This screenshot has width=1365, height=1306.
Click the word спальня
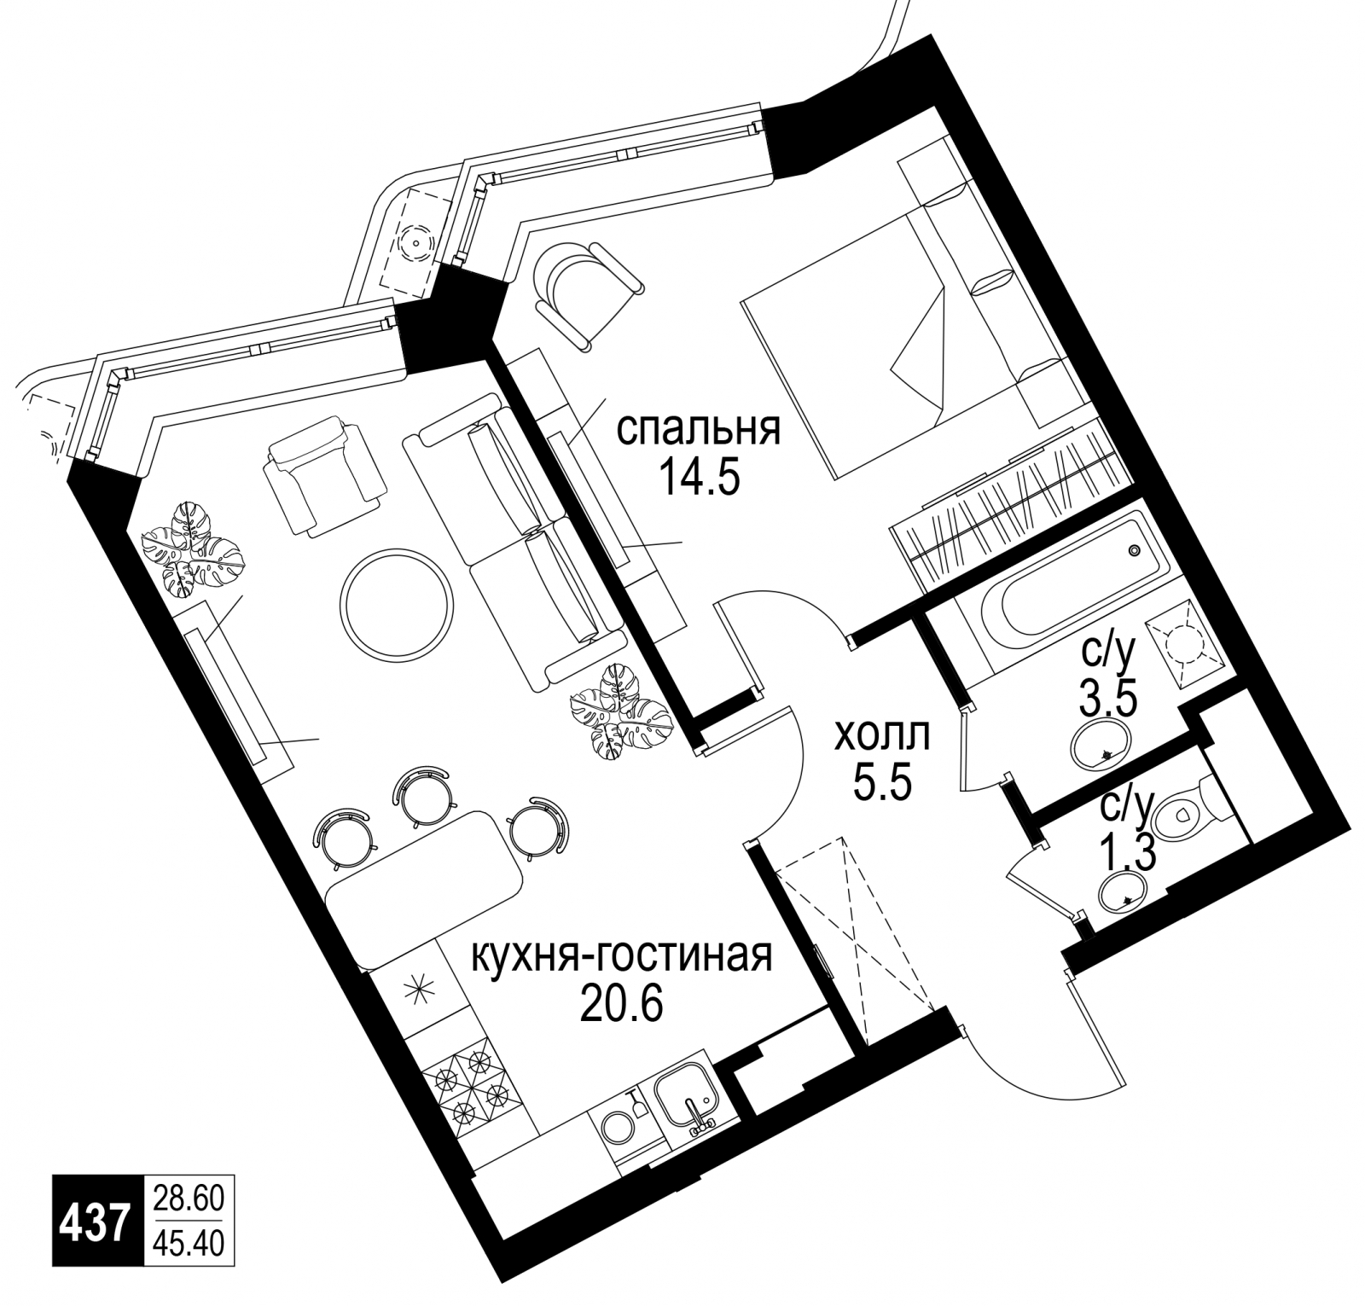[698, 429]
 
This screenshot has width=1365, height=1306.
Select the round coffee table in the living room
[396, 603]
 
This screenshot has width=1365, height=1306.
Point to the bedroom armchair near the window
[585, 295]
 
